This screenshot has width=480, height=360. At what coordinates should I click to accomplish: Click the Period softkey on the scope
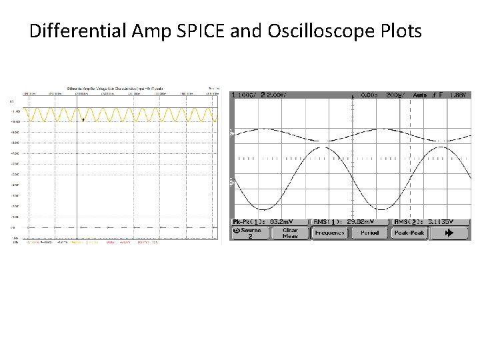[x=369, y=233]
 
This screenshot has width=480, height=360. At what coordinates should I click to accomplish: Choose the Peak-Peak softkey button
[x=409, y=233]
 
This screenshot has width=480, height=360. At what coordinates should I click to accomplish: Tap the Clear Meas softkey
[x=290, y=233]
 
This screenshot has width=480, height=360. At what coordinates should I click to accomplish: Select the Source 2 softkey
[x=250, y=233]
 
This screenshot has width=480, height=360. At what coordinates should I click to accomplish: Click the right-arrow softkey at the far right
[x=449, y=233]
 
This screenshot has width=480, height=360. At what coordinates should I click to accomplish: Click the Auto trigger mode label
[x=420, y=95]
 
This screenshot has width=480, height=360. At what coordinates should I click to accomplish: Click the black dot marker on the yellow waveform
[x=81, y=119]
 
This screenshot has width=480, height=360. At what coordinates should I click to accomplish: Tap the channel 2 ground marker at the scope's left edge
[x=232, y=181]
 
